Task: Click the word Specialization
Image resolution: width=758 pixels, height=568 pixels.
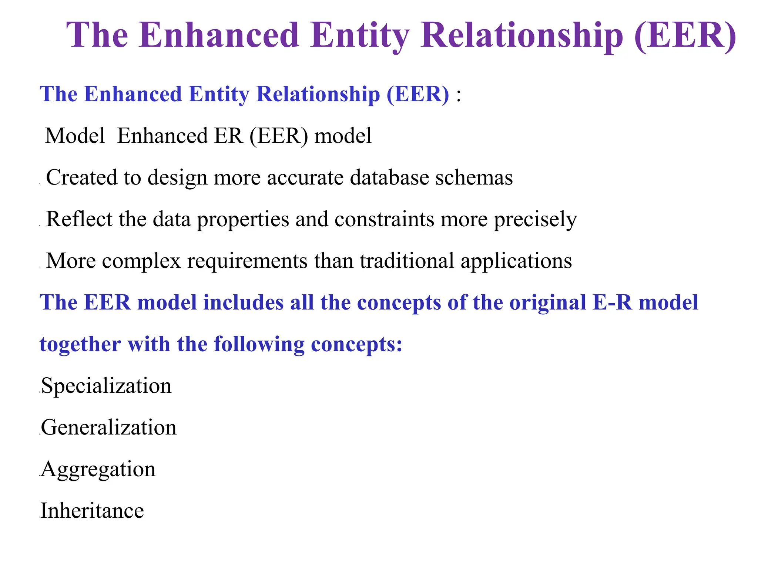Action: click(x=106, y=386)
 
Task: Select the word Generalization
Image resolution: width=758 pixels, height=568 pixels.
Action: click(x=109, y=427)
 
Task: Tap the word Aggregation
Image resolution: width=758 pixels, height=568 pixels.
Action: click(x=98, y=469)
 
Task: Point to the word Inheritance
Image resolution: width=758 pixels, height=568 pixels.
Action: click(x=92, y=511)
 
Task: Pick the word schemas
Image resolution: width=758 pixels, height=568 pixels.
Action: click(x=474, y=177)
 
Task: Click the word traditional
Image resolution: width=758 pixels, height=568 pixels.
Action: click(x=407, y=261)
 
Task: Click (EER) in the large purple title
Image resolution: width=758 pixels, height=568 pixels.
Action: click(x=685, y=35)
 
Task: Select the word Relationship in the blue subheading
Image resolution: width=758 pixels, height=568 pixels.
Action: click(x=318, y=94)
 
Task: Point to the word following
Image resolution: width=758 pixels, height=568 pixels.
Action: click(x=259, y=345)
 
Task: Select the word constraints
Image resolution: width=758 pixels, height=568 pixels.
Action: click(x=384, y=219)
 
